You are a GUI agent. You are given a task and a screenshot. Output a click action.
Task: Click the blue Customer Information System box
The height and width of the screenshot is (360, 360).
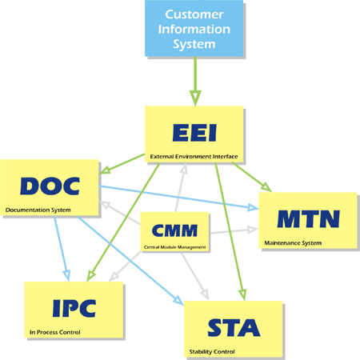(194, 28)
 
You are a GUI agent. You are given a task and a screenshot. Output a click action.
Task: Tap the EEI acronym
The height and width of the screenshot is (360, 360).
(194, 133)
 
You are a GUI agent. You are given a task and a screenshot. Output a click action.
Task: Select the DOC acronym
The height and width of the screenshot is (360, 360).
(50, 186)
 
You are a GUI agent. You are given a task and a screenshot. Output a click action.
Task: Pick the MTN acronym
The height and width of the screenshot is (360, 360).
(308, 219)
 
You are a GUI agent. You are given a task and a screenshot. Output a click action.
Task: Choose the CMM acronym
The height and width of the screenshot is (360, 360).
(174, 230)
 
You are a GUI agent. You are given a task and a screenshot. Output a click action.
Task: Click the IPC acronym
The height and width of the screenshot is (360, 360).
(74, 308)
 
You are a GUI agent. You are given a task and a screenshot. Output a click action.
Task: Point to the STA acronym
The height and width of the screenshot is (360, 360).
(234, 327)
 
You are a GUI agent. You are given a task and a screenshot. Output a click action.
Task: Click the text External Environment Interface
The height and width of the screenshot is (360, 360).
(194, 157)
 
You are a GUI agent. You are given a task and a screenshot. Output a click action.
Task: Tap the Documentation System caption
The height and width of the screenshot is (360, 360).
(38, 210)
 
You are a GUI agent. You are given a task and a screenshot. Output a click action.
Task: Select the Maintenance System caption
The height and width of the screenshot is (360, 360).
(293, 243)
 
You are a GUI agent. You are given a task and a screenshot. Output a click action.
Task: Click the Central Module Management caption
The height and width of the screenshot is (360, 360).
(174, 247)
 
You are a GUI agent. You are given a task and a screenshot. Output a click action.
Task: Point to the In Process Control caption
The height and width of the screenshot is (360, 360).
(55, 332)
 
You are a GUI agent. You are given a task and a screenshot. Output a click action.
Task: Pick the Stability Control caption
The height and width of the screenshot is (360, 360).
(212, 352)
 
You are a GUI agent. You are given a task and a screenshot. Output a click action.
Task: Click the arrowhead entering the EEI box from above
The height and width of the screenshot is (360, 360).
(195, 98)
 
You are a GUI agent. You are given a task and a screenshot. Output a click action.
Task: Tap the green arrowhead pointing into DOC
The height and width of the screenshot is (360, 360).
(105, 170)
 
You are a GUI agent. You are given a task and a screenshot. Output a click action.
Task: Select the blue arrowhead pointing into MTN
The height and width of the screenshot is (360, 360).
(253, 207)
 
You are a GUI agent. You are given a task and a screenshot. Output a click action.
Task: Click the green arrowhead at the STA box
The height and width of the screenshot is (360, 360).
(242, 294)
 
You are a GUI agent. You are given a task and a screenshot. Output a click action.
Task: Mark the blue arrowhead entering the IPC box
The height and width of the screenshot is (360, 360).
(66, 275)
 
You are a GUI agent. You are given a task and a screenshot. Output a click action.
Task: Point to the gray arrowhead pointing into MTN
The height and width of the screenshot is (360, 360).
(253, 230)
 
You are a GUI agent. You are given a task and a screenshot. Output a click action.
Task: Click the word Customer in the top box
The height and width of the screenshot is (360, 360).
(194, 14)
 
